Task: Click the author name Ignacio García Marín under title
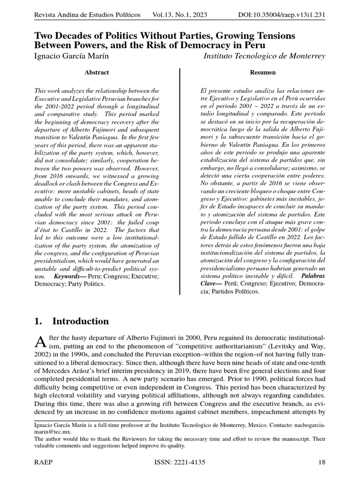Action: point(75,56)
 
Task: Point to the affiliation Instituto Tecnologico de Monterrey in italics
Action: point(264,56)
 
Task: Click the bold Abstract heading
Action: point(97,73)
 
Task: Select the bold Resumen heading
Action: point(263,73)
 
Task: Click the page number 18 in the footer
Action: point(322,462)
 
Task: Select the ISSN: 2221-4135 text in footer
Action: point(180,462)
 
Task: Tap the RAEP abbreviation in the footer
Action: point(43,462)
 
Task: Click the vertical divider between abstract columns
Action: point(180,180)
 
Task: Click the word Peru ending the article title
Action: point(253,45)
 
